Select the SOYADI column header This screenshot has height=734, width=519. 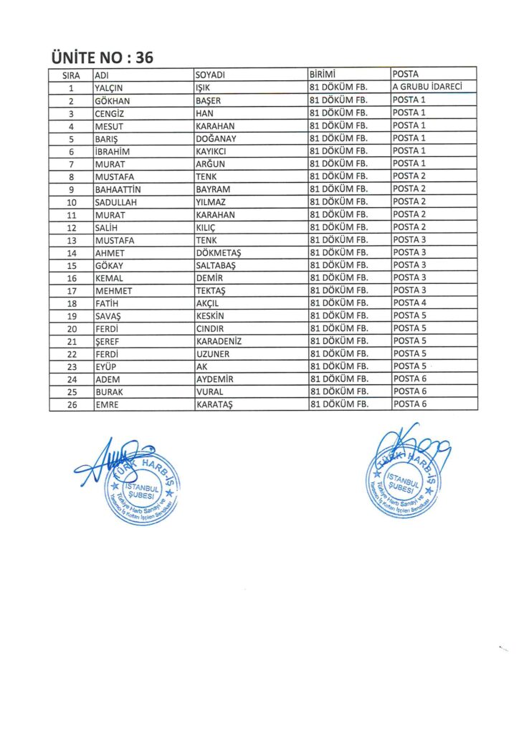point(211,75)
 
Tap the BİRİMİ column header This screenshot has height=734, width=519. point(323,75)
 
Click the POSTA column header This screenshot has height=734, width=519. point(406,75)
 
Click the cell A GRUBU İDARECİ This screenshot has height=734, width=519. point(425,87)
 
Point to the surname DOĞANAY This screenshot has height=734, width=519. point(216,138)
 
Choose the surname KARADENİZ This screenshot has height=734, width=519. point(219,341)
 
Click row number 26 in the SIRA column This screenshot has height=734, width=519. point(71,405)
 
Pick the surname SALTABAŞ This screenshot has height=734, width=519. point(219,265)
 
